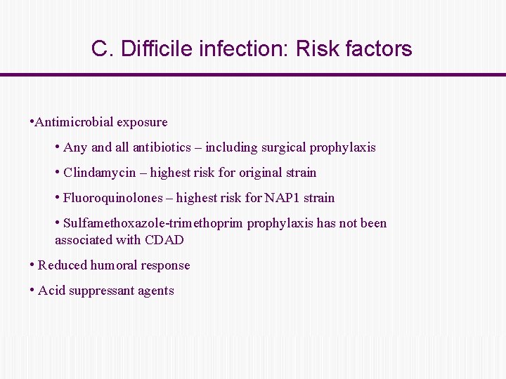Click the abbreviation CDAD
click(165, 240)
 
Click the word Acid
click(50, 291)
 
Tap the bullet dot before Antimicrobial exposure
click(32, 121)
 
